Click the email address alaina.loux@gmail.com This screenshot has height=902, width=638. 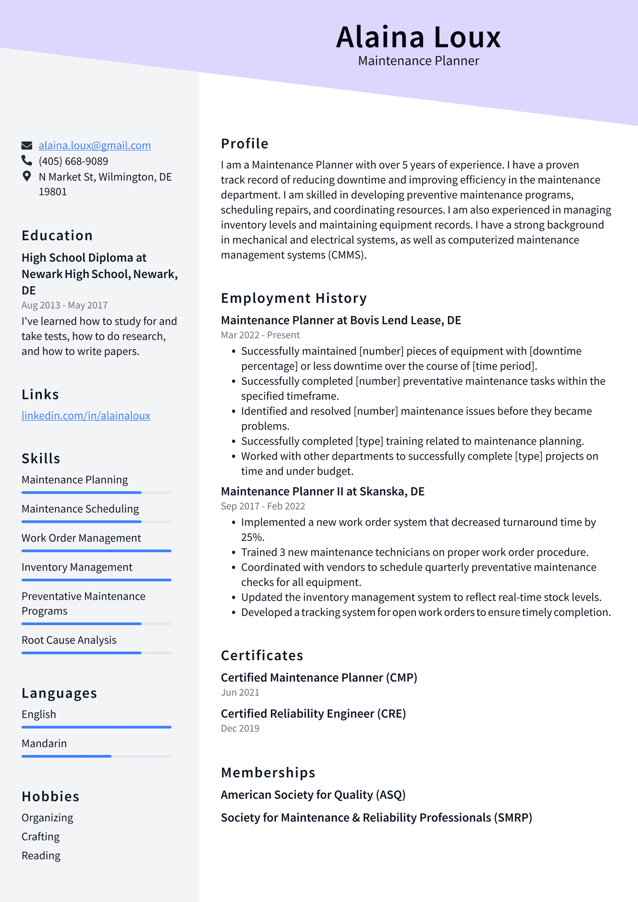point(95,146)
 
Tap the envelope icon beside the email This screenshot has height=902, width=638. point(27,146)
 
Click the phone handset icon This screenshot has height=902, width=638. point(27,160)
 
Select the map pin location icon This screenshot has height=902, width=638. point(27,176)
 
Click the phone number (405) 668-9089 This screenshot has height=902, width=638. point(73,161)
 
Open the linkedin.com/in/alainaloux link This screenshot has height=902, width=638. point(86,416)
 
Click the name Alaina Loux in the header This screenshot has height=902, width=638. point(418,37)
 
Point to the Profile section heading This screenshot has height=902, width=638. point(244,144)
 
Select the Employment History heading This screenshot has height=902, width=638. point(293,298)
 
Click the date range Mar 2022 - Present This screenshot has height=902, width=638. point(260,335)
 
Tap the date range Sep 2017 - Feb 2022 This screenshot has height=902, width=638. point(263,506)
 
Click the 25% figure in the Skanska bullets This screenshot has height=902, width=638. point(252,537)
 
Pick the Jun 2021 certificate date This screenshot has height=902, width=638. point(240,693)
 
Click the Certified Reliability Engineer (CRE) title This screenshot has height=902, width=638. point(313,714)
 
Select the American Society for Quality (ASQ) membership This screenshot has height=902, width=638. point(313,795)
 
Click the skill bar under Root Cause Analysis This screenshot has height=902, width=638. point(96,653)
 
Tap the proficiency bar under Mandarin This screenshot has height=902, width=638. point(96,756)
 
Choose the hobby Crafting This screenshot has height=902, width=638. point(41,837)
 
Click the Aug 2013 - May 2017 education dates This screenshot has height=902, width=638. point(65,305)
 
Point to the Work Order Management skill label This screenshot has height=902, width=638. point(81,538)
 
